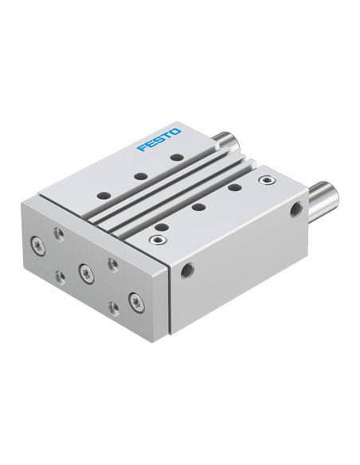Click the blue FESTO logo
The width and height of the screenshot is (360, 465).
click(159, 140)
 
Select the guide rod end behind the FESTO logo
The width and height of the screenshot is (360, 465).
click(227, 141)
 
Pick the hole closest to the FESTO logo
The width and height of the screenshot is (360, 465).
click(178, 157)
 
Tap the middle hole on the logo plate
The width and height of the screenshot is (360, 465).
click(141, 176)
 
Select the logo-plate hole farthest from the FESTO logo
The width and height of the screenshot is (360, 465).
click(104, 196)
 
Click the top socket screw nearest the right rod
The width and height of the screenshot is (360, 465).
click(265, 179)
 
